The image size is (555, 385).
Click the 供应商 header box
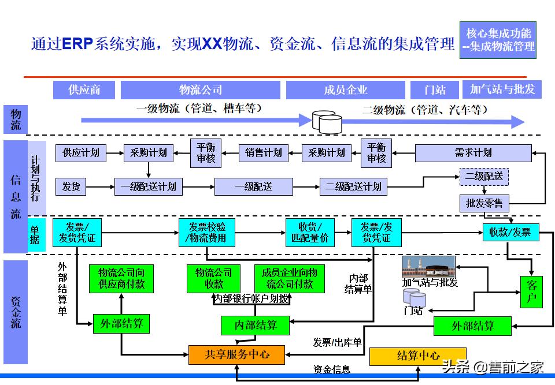point(84,90)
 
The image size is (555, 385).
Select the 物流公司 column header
point(200,90)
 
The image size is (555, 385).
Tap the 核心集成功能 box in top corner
point(498,40)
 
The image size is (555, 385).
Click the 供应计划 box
point(81,153)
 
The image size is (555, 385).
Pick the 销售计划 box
point(264,153)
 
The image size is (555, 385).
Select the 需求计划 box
point(473,153)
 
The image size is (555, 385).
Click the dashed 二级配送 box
point(484,177)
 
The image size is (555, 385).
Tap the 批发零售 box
point(484,203)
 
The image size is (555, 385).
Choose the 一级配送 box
point(253,186)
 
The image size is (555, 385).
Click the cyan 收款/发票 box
point(510,232)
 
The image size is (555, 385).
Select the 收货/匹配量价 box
point(310,232)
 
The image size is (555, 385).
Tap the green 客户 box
point(532,291)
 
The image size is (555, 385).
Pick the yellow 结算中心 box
point(417,356)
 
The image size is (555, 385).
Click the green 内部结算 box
point(255,326)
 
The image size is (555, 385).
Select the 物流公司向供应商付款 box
point(121,279)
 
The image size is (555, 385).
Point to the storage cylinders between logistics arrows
point(327,121)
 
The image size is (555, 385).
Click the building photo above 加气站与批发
point(428,266)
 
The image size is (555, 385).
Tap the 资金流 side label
point(16,312)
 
